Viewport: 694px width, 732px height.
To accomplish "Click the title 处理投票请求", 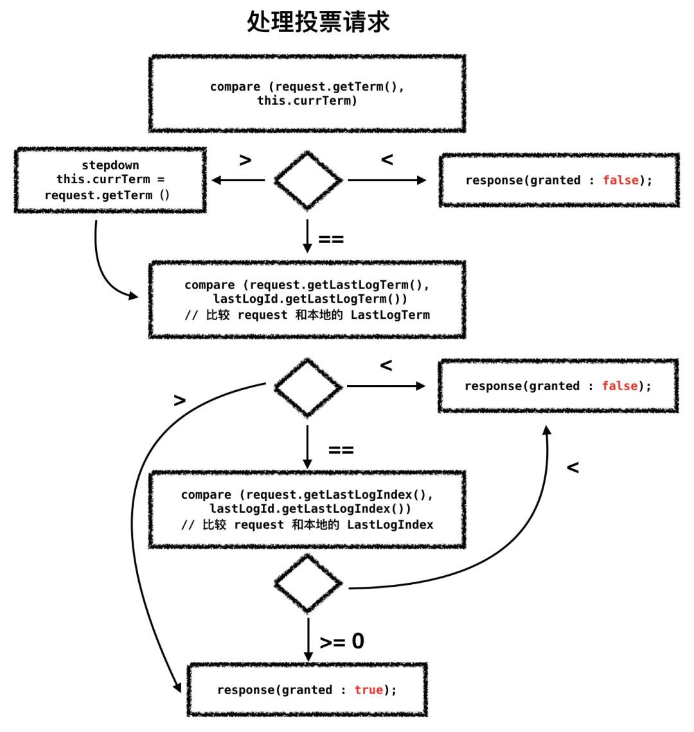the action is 318,21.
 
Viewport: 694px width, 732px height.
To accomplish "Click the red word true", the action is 368,690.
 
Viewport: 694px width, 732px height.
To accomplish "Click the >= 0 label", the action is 342,641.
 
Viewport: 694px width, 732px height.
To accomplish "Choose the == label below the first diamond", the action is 331,240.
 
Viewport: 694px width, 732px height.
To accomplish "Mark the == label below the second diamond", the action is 341,450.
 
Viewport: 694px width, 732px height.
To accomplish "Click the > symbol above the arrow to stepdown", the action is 245,160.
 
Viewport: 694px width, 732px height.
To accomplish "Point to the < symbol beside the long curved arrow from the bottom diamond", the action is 573,467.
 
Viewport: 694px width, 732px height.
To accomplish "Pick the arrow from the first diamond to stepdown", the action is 238,180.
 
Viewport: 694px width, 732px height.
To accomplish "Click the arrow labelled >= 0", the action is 308,639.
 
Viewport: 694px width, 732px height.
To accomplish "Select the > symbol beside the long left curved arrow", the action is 180,400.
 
